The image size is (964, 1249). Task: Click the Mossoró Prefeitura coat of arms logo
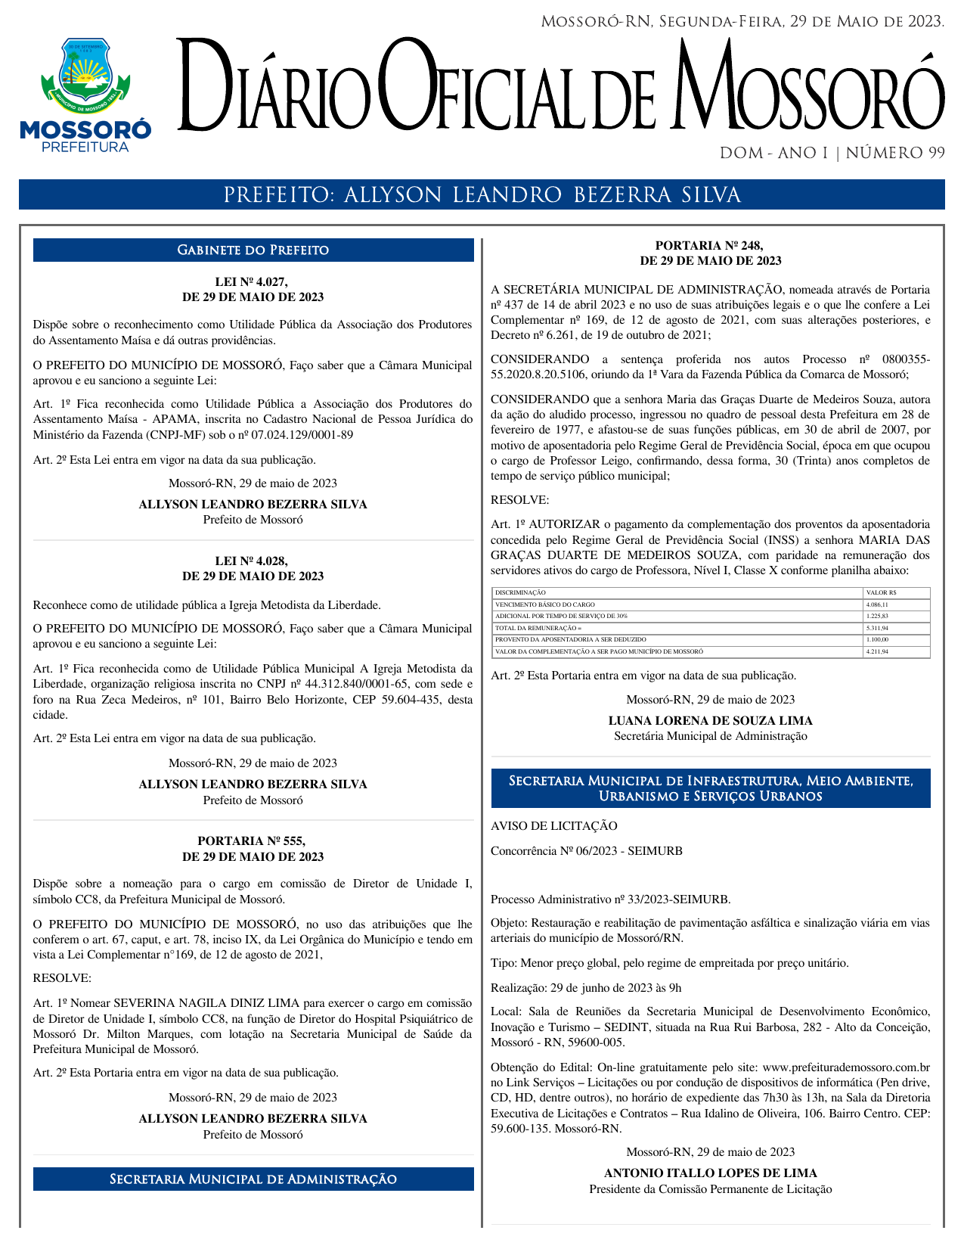[x=85, y=95]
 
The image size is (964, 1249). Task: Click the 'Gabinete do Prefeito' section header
[x=253, y=250]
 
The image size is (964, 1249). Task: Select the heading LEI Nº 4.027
[x=253, y=282]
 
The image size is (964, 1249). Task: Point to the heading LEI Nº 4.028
[x=253, y=561]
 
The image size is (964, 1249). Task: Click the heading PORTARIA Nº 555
[x=253, y=841]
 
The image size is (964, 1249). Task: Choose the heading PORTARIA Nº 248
[x=710, y=246]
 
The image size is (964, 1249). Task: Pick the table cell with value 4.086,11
[x=877, y=605]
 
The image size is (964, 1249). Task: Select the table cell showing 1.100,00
[x=877, y=640]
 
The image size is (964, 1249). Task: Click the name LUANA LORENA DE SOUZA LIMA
[x=710, y=721]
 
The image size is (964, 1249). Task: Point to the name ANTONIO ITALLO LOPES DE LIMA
[x=710, y=1173]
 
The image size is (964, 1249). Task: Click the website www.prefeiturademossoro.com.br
[x=846, y=1067]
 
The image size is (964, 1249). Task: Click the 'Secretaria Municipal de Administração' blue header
[x=253, y=1179]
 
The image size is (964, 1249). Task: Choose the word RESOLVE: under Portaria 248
[x=519, y=500]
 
